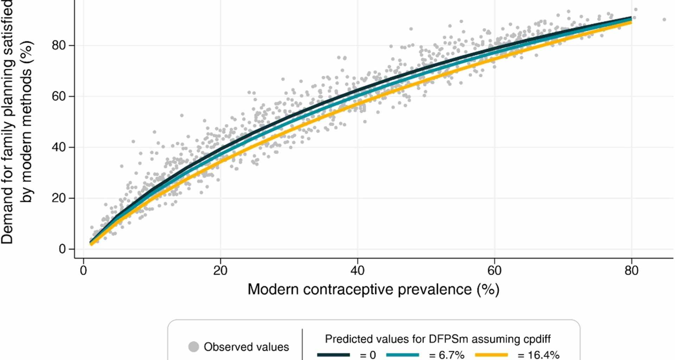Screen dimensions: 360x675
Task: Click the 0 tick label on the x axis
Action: click(83, 271)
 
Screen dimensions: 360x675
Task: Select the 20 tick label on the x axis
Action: click(220, 271)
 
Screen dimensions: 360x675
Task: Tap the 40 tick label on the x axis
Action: click(357, 271)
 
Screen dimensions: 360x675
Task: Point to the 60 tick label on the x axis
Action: click(494, 271)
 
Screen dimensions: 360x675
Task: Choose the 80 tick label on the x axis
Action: click(631, 271)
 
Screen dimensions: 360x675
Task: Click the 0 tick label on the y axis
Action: click(62, 249)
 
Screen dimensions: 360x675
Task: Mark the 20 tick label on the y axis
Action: click(58, 198)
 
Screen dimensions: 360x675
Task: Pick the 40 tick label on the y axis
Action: click(58, 147)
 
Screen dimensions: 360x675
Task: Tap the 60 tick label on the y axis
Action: click(58, 96)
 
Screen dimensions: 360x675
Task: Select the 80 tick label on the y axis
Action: click(58, 45)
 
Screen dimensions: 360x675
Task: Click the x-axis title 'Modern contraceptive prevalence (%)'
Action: click(373, 290)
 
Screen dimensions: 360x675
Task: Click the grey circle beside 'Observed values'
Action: click(194, 347)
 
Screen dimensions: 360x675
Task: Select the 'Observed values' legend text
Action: click(246, 347)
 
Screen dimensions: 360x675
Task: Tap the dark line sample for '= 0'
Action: click(333, 355)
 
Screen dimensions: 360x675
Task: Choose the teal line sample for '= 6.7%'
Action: click(403, 355)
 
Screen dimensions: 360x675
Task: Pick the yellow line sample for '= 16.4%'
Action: click(491, 355)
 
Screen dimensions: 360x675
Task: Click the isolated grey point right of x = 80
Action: click(664, 20)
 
